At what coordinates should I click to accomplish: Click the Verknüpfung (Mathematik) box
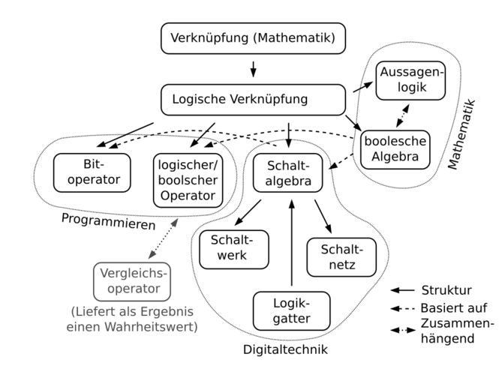coord(253,37)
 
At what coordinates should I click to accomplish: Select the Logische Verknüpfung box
coord(255,99)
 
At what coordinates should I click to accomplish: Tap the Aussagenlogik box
coord(411,79)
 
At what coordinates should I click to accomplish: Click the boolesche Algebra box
coord(395,149)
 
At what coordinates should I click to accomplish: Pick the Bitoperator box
coord(92,172)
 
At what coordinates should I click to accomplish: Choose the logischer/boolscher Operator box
coord(188,180)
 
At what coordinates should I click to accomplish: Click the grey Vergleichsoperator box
coord(131,280)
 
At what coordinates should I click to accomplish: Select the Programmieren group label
coord(108,224)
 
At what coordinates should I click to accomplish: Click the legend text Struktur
coord(446,290)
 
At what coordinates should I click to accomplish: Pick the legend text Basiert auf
coord(453,307)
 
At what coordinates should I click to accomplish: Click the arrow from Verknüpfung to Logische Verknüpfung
coord(253,68)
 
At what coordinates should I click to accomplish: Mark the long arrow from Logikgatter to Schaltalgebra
coord(291,240)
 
